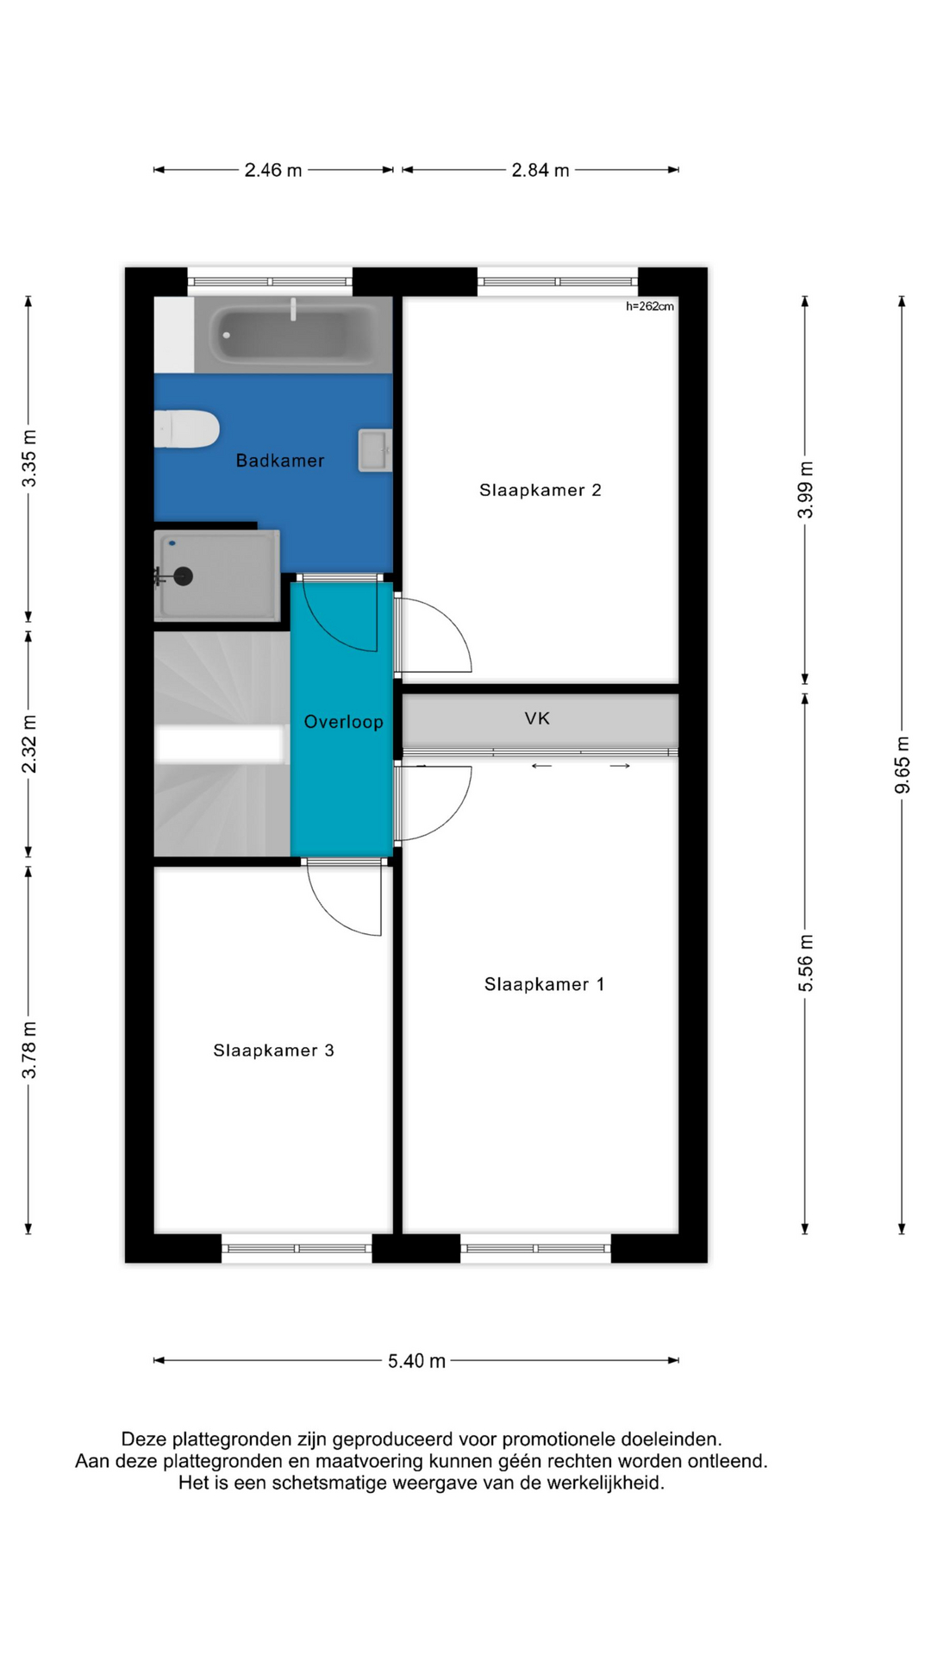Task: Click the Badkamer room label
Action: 280,461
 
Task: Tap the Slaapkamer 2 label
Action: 540,490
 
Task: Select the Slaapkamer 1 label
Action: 544,984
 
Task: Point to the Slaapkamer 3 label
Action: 273,1050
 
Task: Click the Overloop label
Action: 343,722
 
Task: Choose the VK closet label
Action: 537,718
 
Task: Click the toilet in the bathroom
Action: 186,429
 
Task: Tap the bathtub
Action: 293,334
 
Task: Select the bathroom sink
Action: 375,450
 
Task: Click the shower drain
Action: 183,576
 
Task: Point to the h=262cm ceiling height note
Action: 650,306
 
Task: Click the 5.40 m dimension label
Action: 416,1360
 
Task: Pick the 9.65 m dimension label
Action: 902,765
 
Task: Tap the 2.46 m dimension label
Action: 273,170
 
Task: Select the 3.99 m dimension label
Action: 805,489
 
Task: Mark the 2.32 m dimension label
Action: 29,743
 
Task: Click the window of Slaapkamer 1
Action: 535,1248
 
